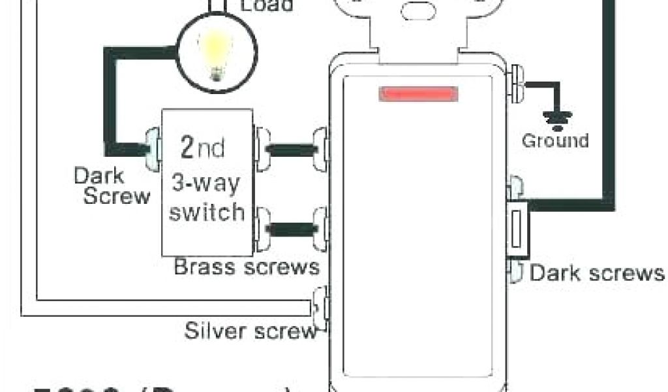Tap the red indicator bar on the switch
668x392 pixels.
pyautogui.click(x=416, y=95)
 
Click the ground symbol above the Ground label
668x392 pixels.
pyautogui.click(x=556, y=118)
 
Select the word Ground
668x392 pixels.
pyautogui.click(x=555, y=140)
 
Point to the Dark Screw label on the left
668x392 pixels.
pyautogui.click(x=112, y=186)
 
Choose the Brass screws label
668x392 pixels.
pyautogui.click(x=247, y=267)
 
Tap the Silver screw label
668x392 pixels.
pyautogui.click(x=250, y=330)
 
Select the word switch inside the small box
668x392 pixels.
pyautogui.click(x=206, y=212)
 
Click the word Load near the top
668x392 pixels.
pyautogui.click(x=267, y=6)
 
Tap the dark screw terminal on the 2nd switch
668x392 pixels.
pyautogui.click(x=151, y=149)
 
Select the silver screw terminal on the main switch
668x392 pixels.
pyautogui.click(x=320, y=307)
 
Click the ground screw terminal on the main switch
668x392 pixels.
pyautogui.click(x=517, y=84)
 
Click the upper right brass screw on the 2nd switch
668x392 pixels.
pyautogui.click(x=263, y=150)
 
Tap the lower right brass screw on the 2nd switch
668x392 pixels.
pyautogui.click(x=262, y=228)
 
